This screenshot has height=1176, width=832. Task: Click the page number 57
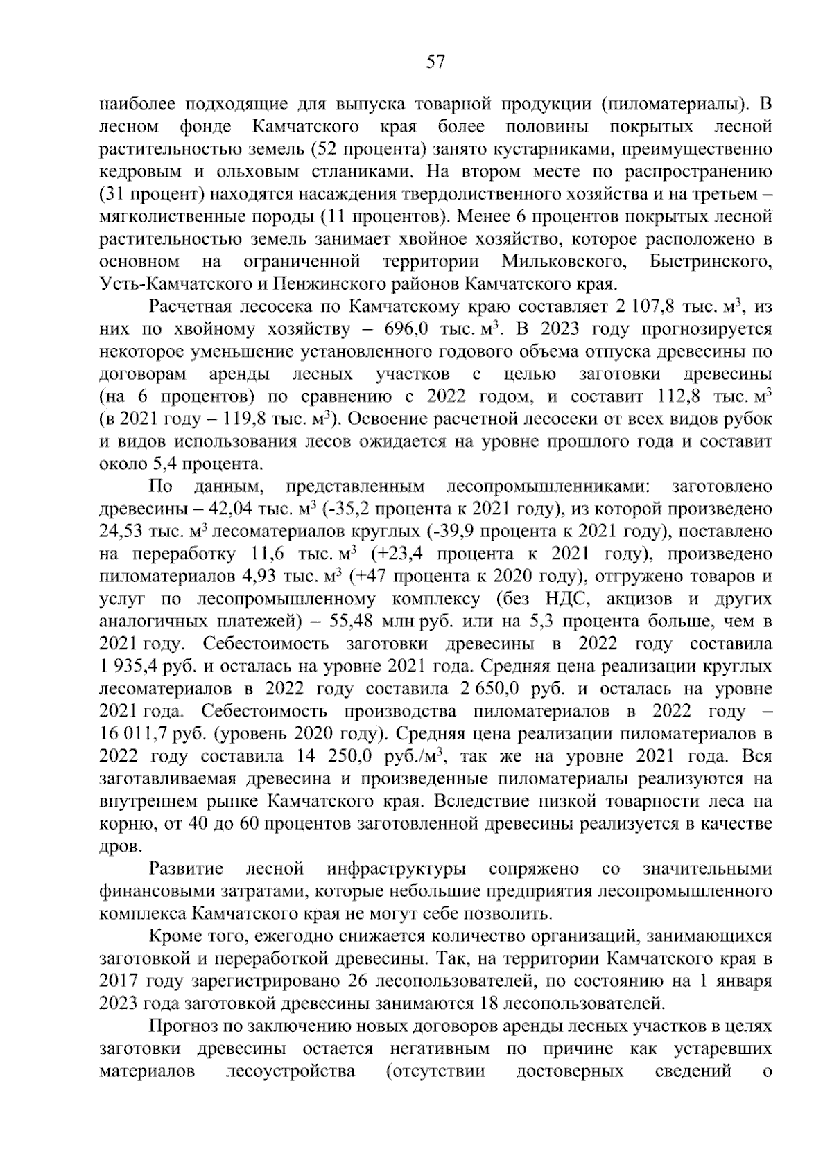435,62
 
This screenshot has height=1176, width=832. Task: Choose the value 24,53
122,532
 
